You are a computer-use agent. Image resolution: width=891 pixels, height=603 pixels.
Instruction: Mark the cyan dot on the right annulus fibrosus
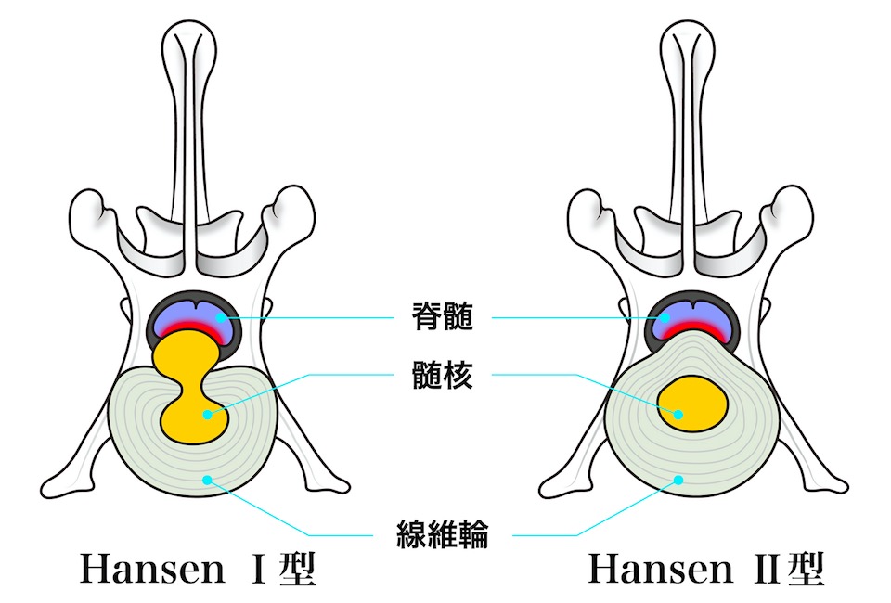(x=678, y=480)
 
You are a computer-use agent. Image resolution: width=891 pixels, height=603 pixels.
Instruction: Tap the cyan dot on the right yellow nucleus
(x=679, y=415)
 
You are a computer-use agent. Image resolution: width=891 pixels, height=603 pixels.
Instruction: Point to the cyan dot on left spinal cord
(x=220, y=318)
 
